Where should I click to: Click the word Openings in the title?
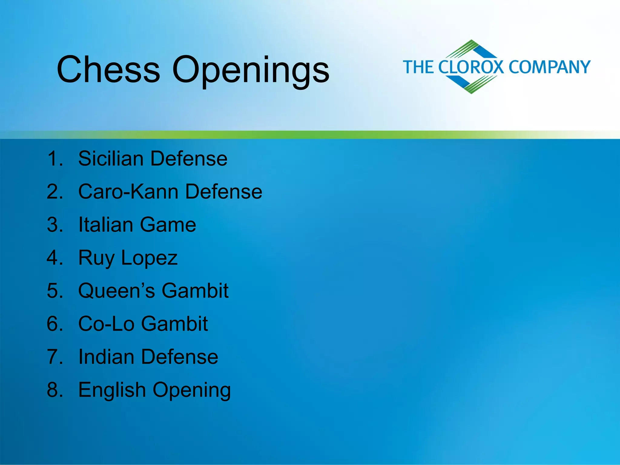pos(250,70)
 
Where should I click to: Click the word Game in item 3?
pos(168,224)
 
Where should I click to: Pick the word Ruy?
pos(96,258)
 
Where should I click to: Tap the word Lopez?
pos(149,258)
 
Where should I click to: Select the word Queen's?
pos(117,291)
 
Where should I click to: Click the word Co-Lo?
pos(106,323)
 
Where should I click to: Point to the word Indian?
pos(106,356)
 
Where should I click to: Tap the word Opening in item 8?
pos(192,391)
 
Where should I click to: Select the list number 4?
pos(55,258)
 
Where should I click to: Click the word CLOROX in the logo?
pos(471,67)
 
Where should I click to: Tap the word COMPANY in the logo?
pos(549,67)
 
